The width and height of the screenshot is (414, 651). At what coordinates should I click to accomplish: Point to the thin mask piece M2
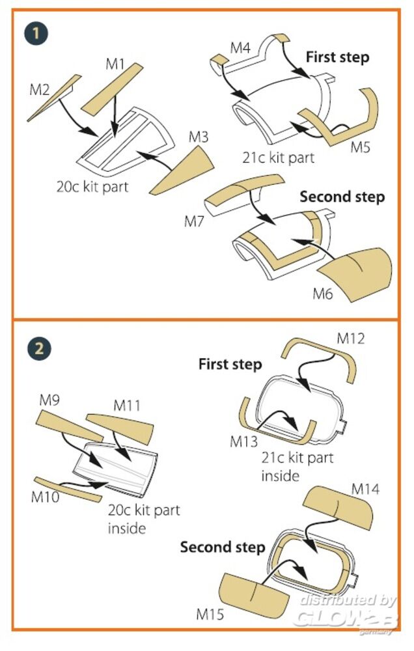55,98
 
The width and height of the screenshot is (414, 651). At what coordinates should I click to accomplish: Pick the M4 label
240,48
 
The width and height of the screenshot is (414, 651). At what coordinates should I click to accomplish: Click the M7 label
194,221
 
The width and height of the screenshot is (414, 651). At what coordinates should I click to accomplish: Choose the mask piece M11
123,426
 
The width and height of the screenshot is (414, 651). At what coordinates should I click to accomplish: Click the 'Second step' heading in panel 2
222,546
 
